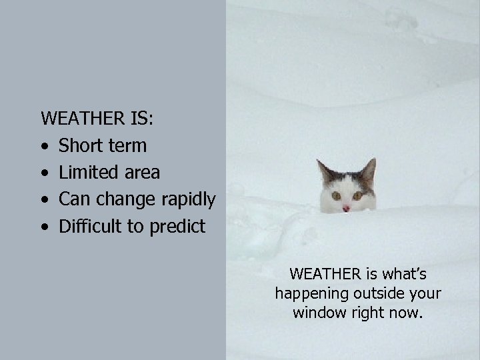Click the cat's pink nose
[x=346, y=208]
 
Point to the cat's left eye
[x=336, y=196]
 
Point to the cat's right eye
[x=357, y=195]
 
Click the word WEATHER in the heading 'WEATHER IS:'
[x=80, y=119]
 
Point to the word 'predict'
[x=177, y=227]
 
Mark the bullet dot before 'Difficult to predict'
[x=44, y=227]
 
